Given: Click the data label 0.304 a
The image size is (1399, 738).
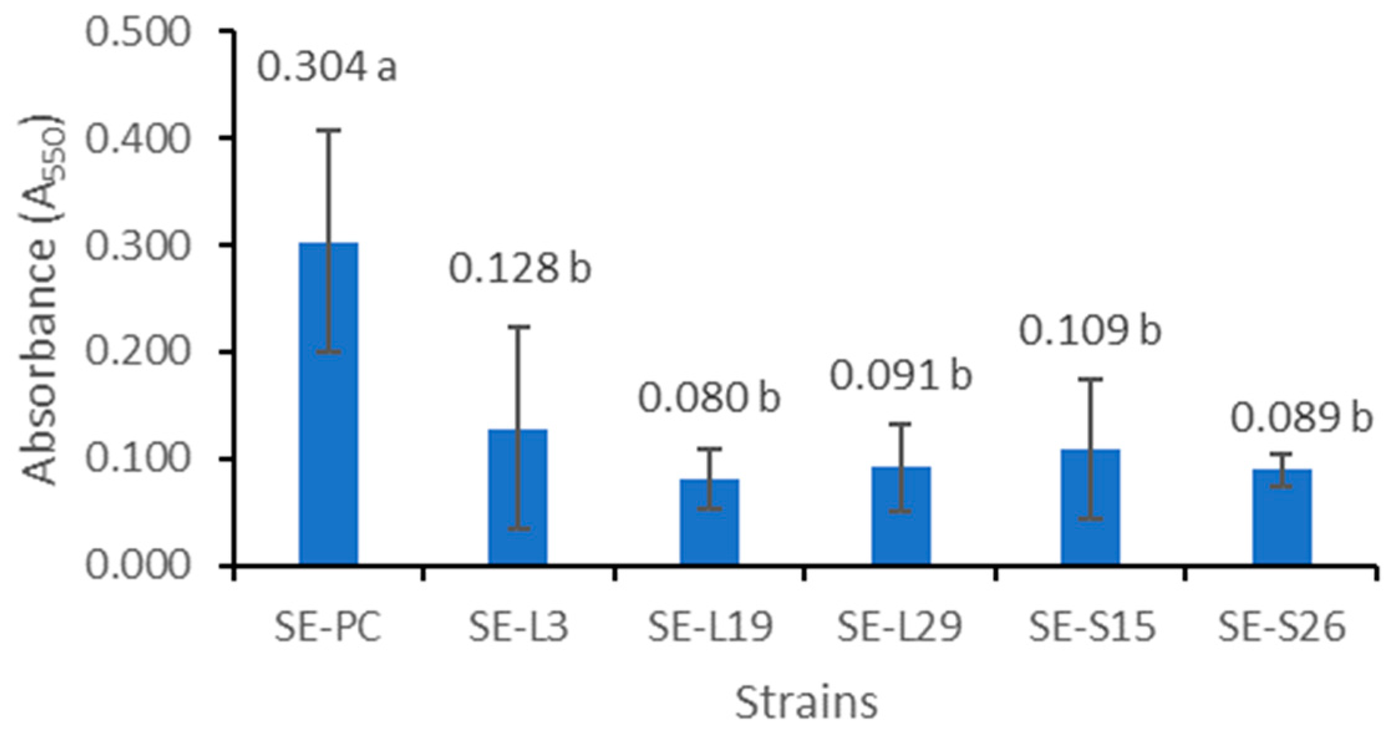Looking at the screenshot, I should click(x=327, y=67).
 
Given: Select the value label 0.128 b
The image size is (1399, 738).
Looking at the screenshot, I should click(x=520, y=269).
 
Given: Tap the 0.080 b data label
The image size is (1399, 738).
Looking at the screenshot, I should click(x=709, y=398).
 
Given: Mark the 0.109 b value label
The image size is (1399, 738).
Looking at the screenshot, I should click(x=1090, y=330).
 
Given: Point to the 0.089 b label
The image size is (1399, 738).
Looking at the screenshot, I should click(x=1301, y=418).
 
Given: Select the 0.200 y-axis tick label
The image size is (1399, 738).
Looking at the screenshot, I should click(x=137, y=352).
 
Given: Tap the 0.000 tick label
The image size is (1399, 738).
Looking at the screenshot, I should click(x=137, y=566).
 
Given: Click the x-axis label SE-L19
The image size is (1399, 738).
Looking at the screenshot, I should click(x=710, y=627).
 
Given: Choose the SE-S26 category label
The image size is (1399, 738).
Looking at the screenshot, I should click(x=1281, y=627).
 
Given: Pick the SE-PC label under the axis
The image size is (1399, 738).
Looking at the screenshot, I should click(x=328, y=627).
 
